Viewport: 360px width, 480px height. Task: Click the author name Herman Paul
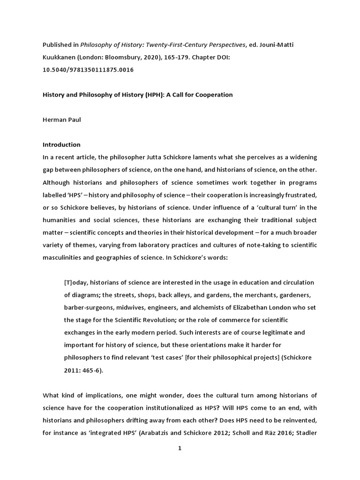pos(61,120)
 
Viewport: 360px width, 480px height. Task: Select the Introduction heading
pos(61,144)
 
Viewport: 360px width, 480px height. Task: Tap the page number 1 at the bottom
pos(179,448)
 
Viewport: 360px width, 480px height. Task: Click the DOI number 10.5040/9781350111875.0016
pos(88,69)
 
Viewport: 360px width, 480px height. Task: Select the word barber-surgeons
pos(88,307)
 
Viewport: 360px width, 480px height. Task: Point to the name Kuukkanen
pos(61,57)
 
